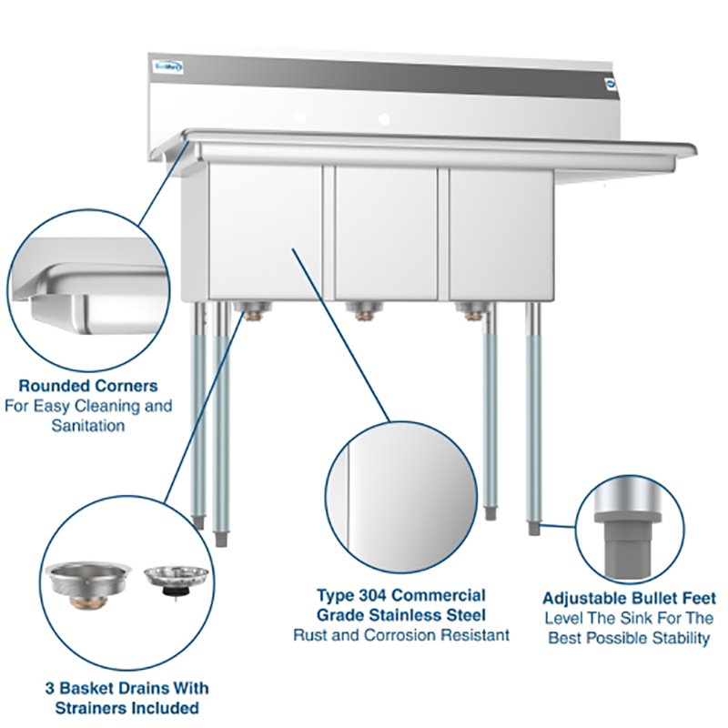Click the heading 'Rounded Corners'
tap(87, 386)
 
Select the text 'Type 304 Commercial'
tap(400, 594)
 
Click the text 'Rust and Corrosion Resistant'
tap(400, 634)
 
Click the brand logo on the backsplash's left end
tap(167, 66)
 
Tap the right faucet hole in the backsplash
tap(384, 119)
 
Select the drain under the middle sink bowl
tap(363, 313)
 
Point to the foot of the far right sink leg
tap(533, 527)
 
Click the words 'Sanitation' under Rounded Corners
tap(87, 425)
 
